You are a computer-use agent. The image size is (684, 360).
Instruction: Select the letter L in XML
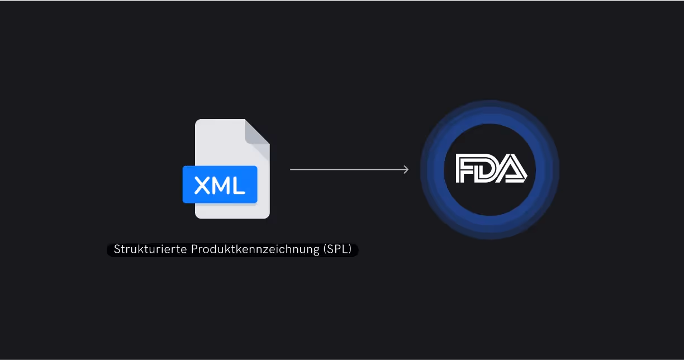click(x=239, y=185)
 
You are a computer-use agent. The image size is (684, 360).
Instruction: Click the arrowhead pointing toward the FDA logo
click(x=406, y=169)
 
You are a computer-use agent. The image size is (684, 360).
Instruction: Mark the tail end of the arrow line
click(x=291, y=169)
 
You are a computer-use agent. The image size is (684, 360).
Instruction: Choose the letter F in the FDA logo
click(x=467, y=169)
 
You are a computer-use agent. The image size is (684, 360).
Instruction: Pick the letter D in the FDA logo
click(x=488, y=169)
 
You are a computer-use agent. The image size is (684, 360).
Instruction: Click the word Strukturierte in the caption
click(x=150, y=250)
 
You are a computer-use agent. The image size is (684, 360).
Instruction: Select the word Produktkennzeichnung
click(x=256, y=250)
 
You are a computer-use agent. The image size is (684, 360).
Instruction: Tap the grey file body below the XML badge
click(x=232, y=211)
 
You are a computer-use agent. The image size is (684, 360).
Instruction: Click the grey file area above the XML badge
click(x=221, y=143)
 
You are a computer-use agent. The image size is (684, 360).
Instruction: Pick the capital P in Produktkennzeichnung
click(x=194, y=250)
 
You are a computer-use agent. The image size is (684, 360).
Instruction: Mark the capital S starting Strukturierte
click(x=117, y=250)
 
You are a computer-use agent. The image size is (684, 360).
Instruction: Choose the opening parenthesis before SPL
click(x=325, y=250)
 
